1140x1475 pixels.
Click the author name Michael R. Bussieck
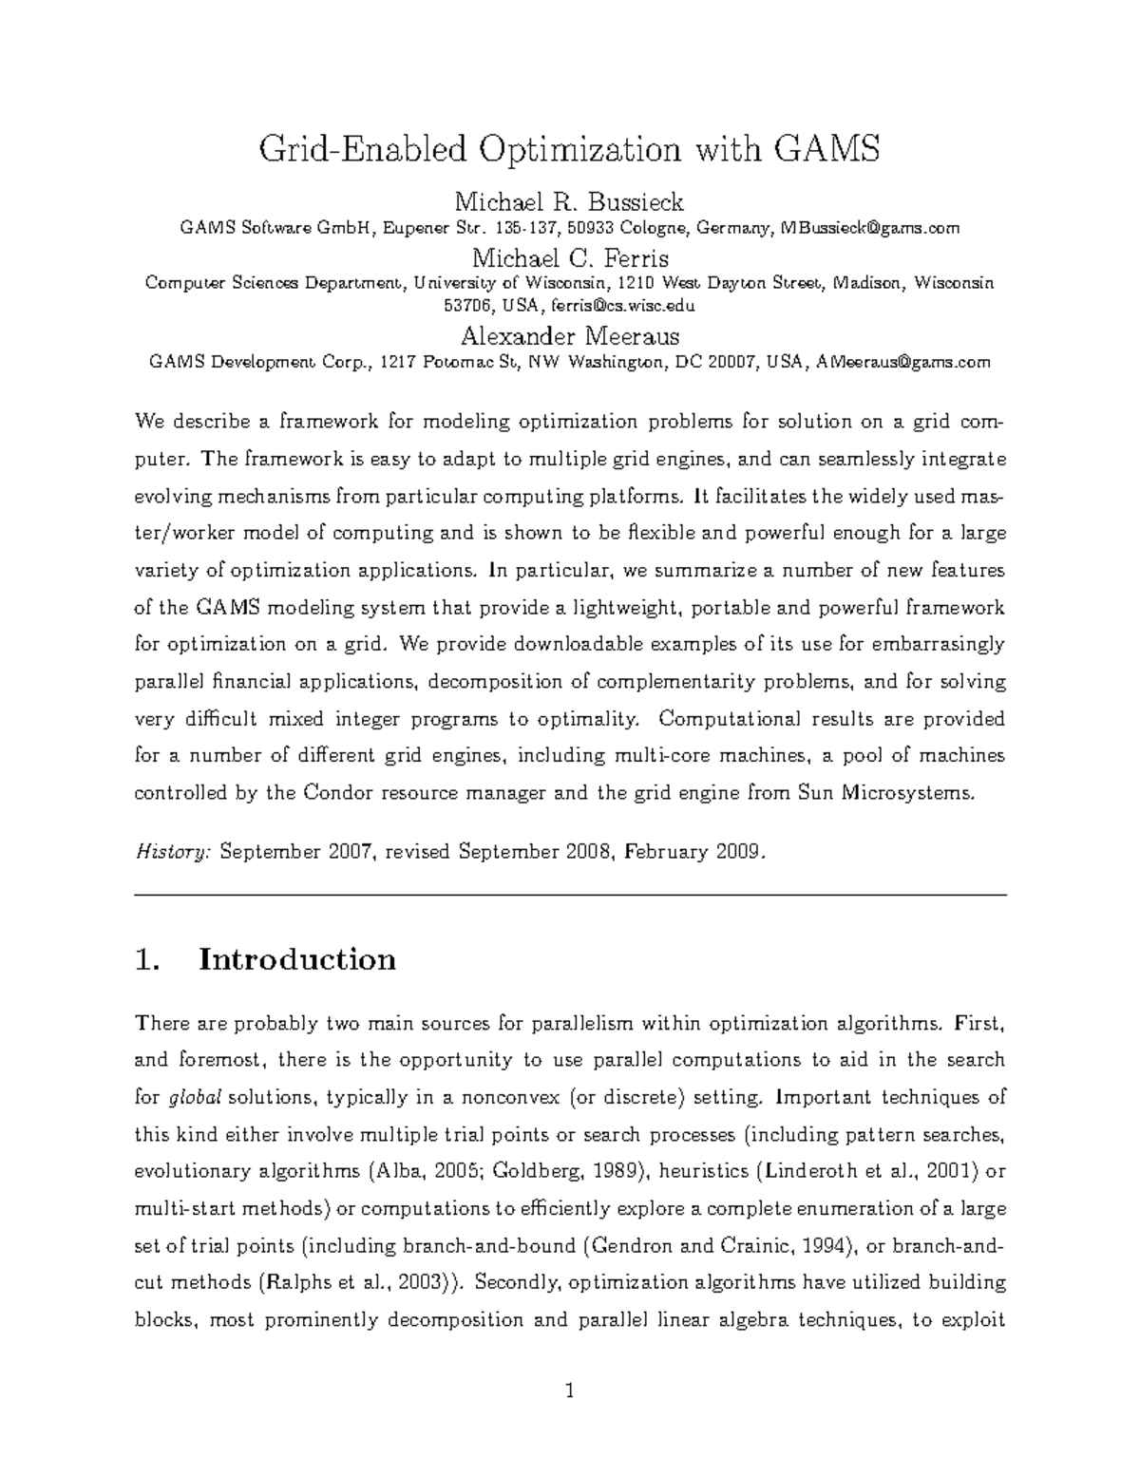(569, 201)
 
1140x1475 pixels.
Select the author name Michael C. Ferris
(570, 257)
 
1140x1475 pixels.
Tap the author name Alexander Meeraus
(570, 335)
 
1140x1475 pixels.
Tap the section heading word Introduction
(296, 959)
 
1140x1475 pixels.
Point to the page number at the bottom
(570, 1393)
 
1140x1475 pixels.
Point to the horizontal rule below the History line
(570, 895)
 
